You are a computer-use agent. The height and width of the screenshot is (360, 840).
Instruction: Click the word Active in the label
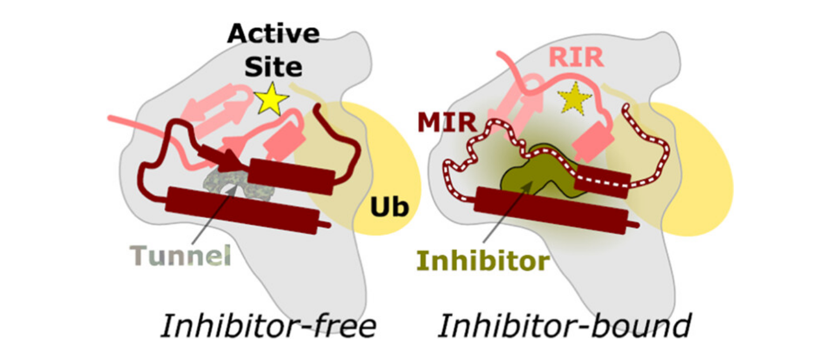point(273,34)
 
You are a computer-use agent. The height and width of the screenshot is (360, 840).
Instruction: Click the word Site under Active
point(273,67)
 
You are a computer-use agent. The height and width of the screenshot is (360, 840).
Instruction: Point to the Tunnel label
point(180,255)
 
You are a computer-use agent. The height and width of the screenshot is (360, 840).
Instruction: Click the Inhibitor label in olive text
point(482,261)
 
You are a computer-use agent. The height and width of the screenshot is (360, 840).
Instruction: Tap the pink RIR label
point(576,58)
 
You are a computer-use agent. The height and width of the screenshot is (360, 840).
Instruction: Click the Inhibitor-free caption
point(267,326)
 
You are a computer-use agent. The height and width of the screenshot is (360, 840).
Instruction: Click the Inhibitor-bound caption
point(564,326)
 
